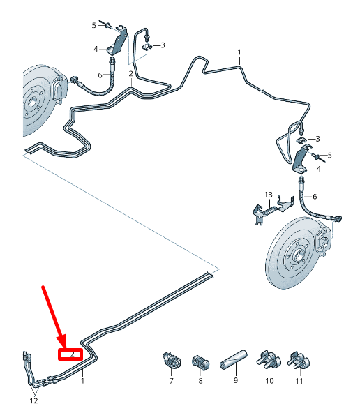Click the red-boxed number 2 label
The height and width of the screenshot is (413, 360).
coord(73,354)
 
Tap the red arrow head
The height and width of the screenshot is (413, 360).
coord(61,341)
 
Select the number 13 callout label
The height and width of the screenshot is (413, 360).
coord(269,195)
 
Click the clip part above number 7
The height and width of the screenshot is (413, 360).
coord(172,360)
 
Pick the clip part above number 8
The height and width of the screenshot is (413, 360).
coord(200,363)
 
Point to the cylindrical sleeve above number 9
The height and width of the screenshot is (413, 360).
coord(234,359)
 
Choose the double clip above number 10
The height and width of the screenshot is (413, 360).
coord(269,359)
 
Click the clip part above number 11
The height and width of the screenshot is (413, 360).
coord(299,360)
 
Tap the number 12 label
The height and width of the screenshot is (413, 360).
coord(33,400)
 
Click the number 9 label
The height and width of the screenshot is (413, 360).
coord(236,380)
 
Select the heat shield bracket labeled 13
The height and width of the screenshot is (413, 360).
coord(273,209)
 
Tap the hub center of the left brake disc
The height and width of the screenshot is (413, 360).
coord(32,102)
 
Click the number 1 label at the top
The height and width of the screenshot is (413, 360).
coord(239,52)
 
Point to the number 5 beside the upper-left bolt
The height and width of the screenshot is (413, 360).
coord(94,26)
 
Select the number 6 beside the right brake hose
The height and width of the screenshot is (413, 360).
coord(315,197)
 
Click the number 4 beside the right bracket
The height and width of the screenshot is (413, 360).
coord(319,169)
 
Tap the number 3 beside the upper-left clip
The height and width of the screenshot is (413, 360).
coord(163,45)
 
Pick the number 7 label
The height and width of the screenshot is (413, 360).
coord(172,381)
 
